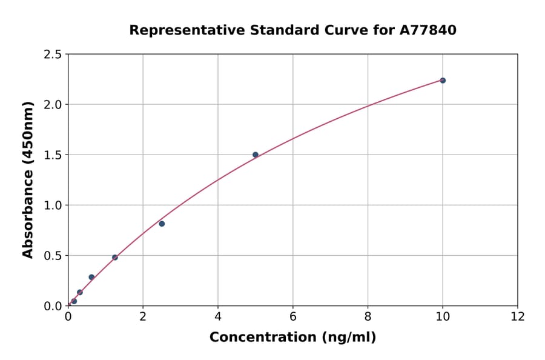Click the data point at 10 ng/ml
click(443, 81)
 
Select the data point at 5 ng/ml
click(256, 155)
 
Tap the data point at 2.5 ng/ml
click(162, 224)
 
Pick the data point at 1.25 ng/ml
click(115, 258)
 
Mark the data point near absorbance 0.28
click(91, 277)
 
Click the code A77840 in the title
click(428, 30)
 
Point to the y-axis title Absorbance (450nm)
click(28, 179)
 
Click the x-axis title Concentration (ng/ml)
click(292, 337)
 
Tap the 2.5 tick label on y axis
click(53, 55)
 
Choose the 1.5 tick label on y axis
click(53, 155)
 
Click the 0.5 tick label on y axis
click(53, 256)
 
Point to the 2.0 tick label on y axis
click(53, 105)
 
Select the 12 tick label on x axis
click(518, 317)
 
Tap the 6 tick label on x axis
click(293, 317)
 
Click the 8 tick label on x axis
click(368, 317)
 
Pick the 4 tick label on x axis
click(218, 317)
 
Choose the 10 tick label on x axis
click(443, 317)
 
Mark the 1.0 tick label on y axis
click(53, 205)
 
